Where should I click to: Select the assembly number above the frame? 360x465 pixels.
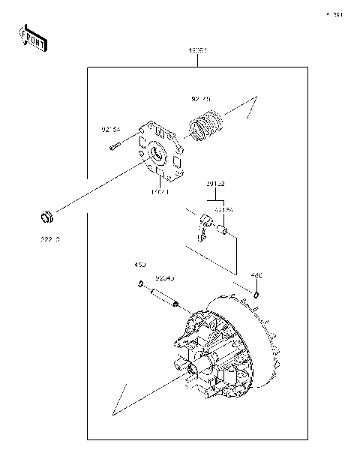[197, 51]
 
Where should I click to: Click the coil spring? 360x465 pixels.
[207, 124]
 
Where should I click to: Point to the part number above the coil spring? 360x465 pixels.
[200, 98]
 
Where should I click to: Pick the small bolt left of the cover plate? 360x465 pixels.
[113, 147]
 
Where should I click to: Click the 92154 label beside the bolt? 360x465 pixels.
[112, 129]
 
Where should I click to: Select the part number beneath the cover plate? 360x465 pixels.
[160, 193]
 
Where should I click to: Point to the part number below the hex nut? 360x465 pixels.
[49, 240]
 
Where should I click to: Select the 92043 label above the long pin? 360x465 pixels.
[164, 277]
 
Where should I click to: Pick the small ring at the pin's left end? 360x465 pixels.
[140, 284]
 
